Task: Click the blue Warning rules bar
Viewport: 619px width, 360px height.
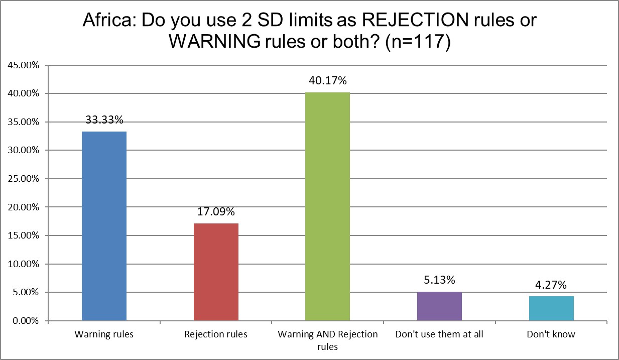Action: (104, 226)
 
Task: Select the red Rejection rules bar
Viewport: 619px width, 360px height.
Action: (216, 272)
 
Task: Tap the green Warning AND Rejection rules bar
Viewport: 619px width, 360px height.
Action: (327, 206)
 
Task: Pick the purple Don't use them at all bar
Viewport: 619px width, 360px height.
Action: (439, 306)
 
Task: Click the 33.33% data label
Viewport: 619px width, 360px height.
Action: (104, 120)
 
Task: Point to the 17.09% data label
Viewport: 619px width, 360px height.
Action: (216, 212)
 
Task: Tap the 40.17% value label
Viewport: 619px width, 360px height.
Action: (327, 81)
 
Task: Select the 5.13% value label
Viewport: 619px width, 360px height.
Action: (439, 280)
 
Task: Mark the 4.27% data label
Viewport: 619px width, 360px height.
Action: (551, 285)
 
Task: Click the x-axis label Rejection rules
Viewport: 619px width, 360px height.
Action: (216, 334)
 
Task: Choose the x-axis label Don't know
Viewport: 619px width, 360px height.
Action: (551, 334)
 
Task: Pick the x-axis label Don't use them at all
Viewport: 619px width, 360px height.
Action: (439, 334)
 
